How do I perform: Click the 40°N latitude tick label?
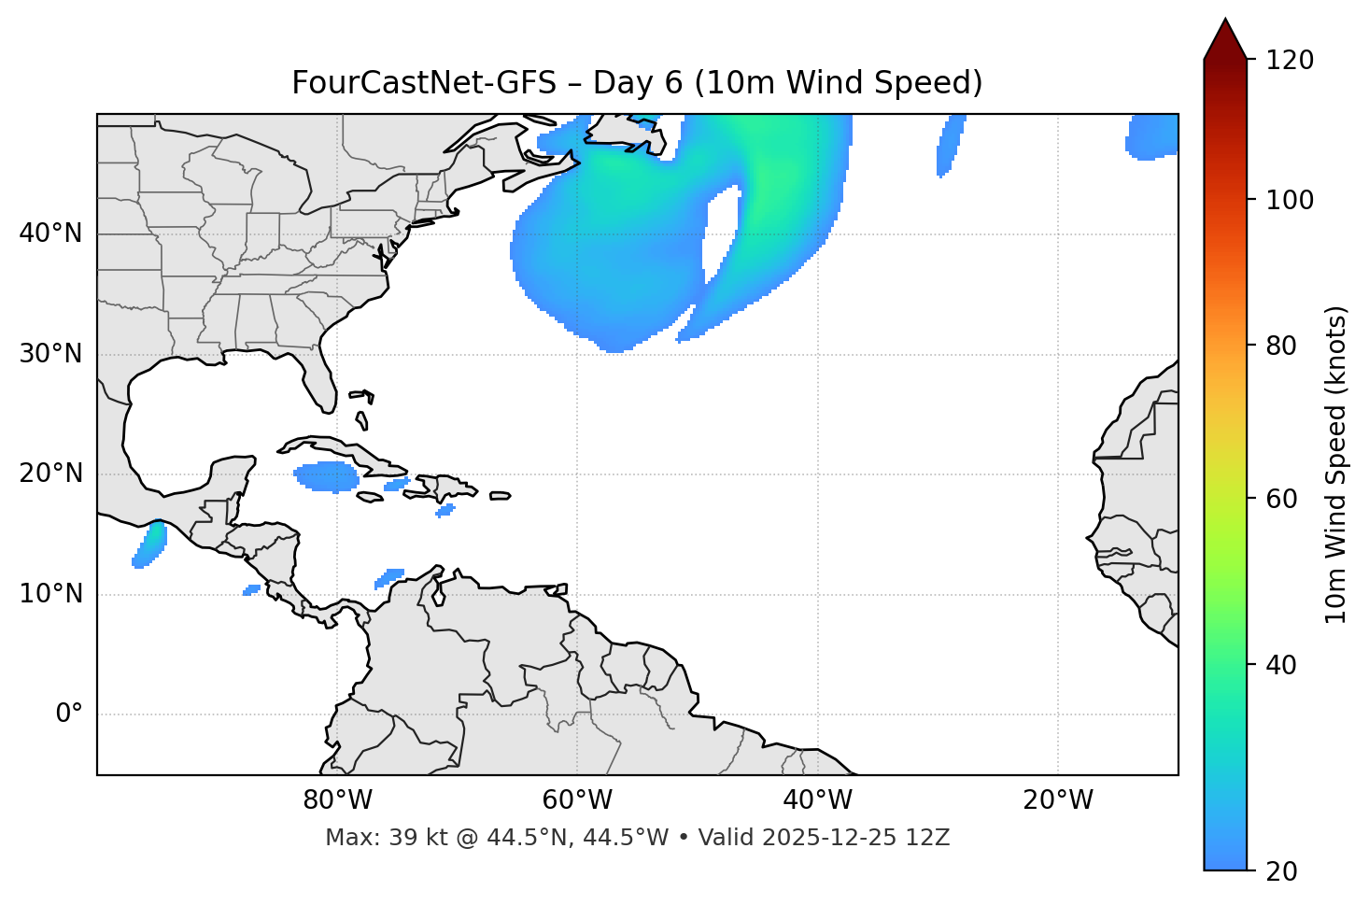pyautogui.click(x=50, y=233)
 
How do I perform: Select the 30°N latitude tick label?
pyautogui.click(x=50, y=354)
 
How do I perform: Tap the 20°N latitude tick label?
pyautogui.click(x=50, y=474)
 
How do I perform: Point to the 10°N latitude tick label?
pyautogui.click(x=50, y=594)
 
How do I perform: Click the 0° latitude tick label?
pyautogui.click(x=69, y=714)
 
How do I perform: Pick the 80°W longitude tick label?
pyautogui.click(x=337, y=800)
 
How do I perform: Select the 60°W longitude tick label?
pyautogui.click(x=577, y=800)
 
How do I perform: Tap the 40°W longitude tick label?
pyautogui.click(x=817, y=800)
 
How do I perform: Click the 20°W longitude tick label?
pyautogui.click(x=1058, y=800)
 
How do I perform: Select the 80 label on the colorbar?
pyautogui.click(x=1279, y=346)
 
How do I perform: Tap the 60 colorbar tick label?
pyautogui.click(x=1279, y=499)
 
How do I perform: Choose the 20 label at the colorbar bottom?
pyautogui.click(x=1279, y=871)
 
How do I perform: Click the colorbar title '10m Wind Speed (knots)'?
pyautogui.click(x=1336, y=464)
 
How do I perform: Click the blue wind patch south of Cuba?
pyautogui.click(x=327, y=476)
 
